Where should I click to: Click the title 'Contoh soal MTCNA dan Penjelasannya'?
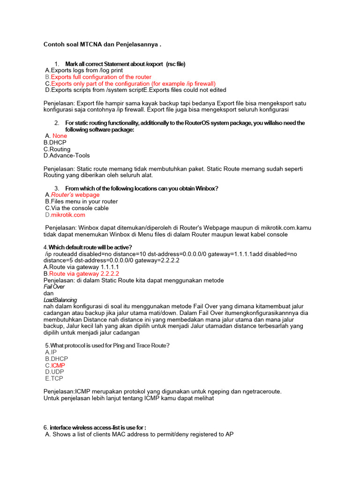tap(102, 45)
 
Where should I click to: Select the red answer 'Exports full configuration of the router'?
tap(101, 77)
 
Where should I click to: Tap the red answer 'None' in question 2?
tap(60, 136)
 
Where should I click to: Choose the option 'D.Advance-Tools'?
tap(67, 156)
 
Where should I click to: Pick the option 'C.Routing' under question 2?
tap(57, 149)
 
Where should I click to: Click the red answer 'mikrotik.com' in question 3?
tap(68, 215)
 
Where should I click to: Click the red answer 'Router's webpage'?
tap(75, 195)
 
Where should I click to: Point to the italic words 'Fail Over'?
tap(54, 286)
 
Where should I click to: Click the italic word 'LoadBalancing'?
tap(60, 300)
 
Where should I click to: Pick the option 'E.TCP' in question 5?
tap(54, 378)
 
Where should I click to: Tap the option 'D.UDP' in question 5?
tap(54, 372)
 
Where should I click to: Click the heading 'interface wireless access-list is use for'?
tap(97, 427)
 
